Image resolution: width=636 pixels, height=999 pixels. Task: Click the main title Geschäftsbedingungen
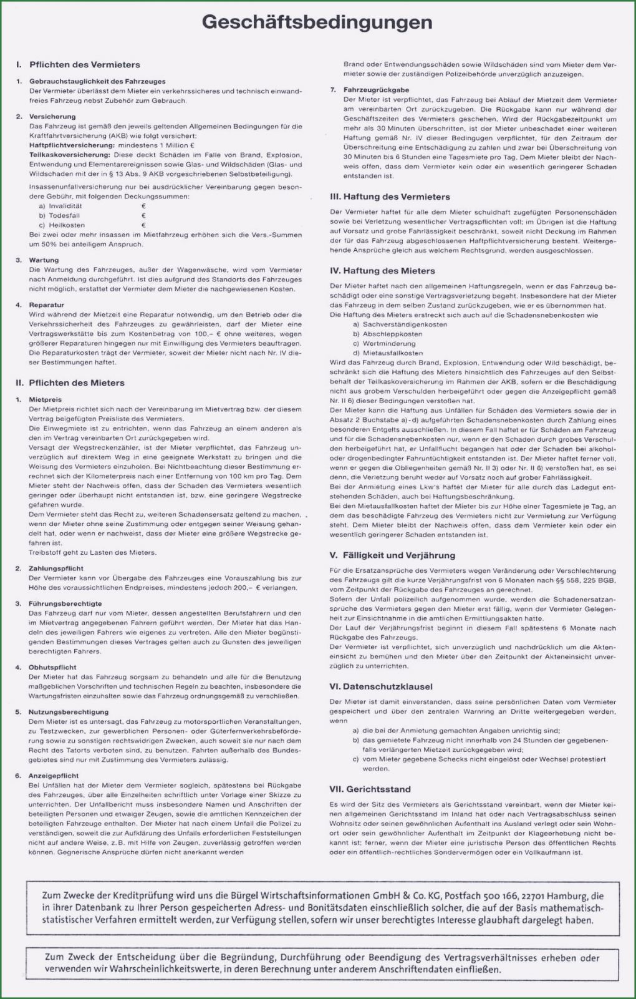[317, 22]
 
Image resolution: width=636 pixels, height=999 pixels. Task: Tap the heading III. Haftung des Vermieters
[390, 197]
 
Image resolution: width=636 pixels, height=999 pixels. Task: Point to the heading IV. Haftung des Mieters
[382, 271]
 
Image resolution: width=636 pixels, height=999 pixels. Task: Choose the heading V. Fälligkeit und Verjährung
[392, 555]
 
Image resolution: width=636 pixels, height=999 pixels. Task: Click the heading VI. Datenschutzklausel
[381, 686]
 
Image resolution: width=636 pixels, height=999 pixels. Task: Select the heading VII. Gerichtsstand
[370, 789]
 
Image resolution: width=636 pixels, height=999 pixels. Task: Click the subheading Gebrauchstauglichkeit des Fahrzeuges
[97, 81]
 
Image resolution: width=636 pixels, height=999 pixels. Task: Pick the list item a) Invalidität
[60, 206]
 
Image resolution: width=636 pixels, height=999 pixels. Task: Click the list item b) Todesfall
[59, 215]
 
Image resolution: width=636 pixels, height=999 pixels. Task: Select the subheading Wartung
[44, 260]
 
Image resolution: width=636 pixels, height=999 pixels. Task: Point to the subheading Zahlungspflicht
[56, 568]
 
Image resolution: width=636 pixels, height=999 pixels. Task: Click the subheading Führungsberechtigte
[65, 603]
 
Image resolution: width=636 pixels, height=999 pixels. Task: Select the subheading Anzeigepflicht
[54, 776]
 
